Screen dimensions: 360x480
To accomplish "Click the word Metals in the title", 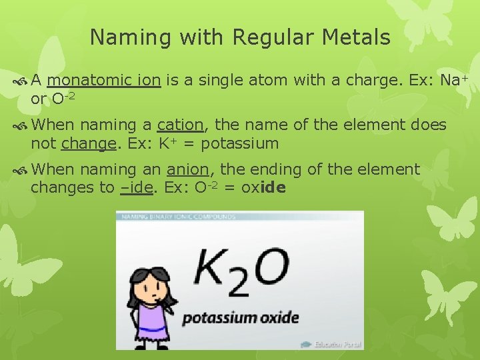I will click(357, 37).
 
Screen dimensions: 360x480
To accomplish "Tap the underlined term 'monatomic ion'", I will click(104, 81).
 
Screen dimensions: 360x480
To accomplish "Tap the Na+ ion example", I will click(455, 81).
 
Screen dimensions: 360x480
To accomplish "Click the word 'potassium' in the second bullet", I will click(239, 143).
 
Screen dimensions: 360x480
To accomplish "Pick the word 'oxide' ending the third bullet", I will click(263, 187).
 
